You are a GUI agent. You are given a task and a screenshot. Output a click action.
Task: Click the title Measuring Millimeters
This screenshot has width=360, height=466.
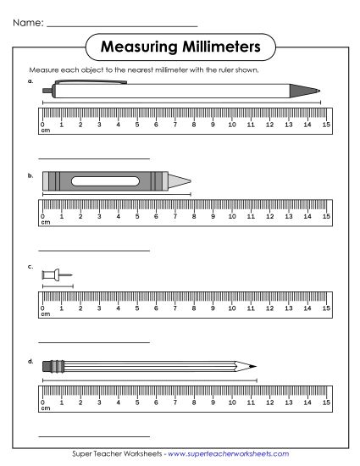(x=180, y=44)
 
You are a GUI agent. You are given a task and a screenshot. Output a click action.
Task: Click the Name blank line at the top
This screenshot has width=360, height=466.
(x=122, y=27)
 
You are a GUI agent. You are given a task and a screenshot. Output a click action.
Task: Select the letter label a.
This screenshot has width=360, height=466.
(x=30, y=82)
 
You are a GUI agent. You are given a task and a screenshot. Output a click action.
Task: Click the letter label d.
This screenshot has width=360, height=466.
(x=30, y=362)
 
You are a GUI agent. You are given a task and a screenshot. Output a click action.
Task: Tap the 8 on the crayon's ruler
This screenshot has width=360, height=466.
(x=194, y=217)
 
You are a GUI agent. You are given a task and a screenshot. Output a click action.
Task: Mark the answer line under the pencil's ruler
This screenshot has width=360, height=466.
(x=94, y=436)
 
